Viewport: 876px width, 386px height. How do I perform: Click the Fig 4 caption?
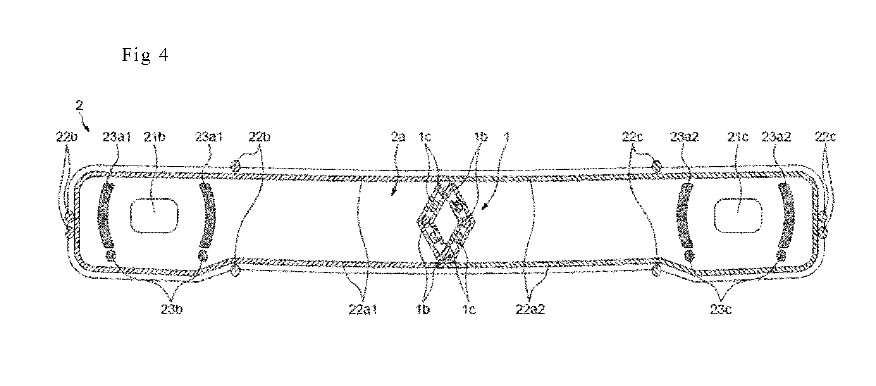145,55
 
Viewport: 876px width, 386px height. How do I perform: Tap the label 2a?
398,137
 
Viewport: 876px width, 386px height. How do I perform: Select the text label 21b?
154,137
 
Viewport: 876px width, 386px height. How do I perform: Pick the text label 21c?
737,137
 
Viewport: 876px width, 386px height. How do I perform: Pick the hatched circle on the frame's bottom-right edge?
656,271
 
